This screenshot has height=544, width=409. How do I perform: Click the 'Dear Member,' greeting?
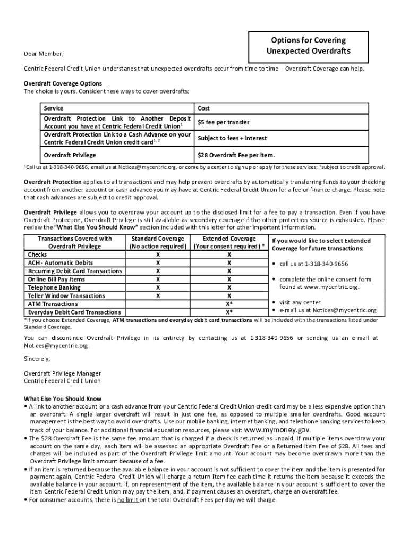44,54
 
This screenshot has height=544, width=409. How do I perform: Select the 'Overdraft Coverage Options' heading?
63,83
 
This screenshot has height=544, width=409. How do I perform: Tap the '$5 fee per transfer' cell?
223,122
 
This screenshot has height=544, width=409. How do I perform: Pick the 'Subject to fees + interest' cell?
232,138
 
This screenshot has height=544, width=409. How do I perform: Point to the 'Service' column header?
54,108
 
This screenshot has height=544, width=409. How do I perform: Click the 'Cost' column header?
203,108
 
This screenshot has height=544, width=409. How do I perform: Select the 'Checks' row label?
38,254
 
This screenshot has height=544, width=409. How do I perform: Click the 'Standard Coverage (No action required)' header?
158,242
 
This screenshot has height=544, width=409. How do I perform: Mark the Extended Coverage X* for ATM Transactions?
229,304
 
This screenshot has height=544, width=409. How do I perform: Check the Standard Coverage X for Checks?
158,254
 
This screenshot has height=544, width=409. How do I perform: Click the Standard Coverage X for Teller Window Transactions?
158,295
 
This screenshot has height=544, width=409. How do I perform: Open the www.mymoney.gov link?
277,430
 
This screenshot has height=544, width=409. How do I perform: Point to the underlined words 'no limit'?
128,499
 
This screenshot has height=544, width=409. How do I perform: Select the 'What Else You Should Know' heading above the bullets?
63,398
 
